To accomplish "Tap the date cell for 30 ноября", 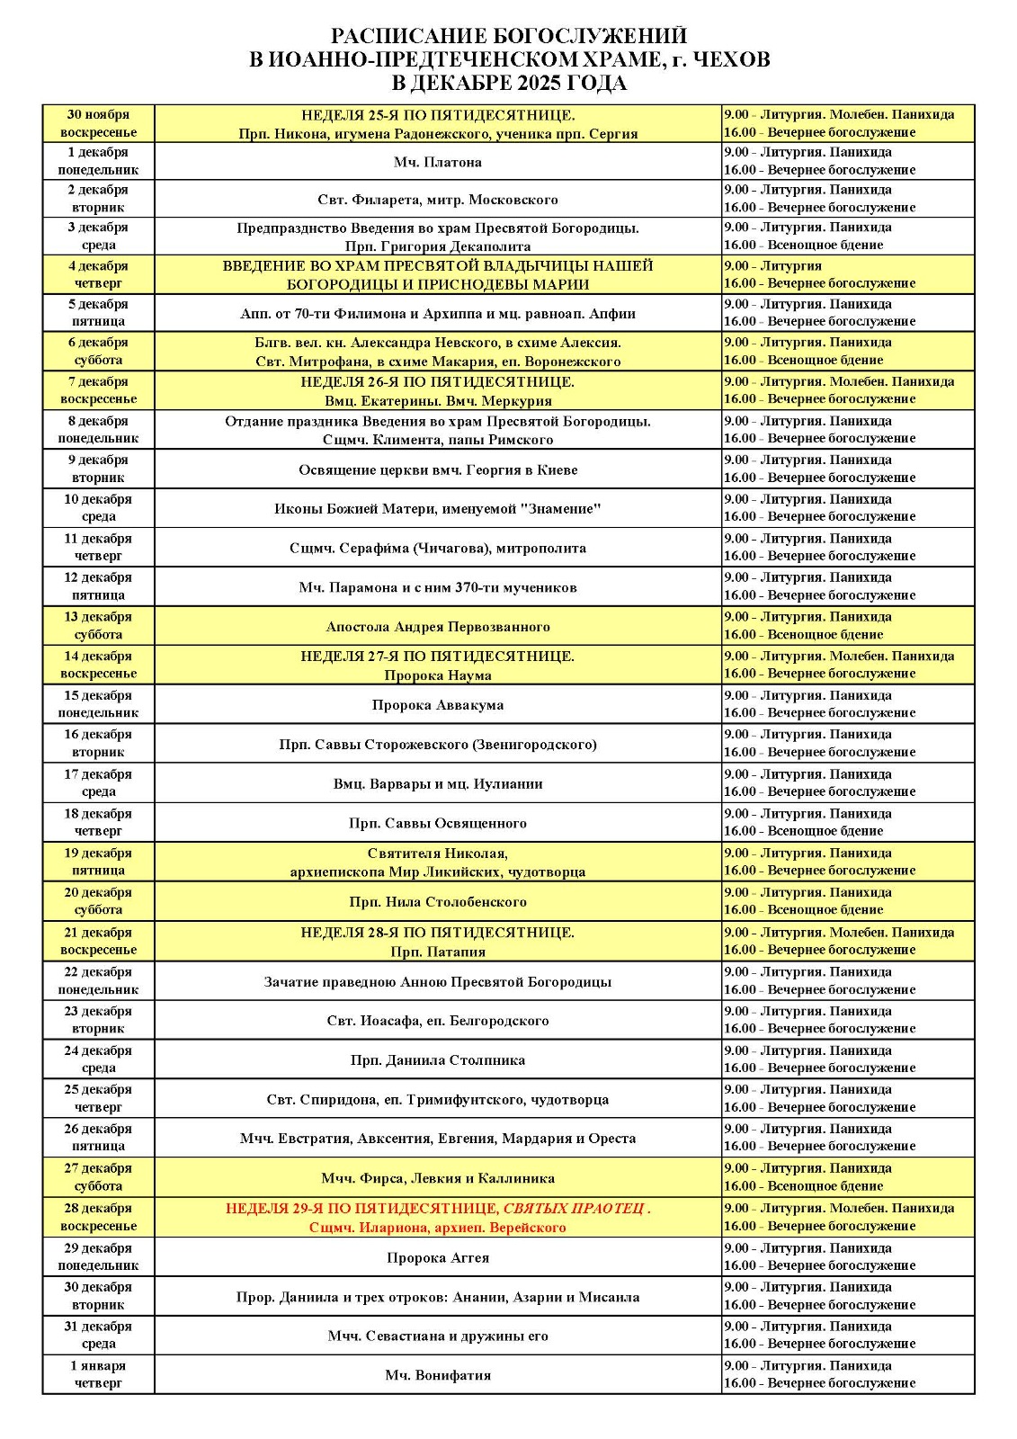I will pos(98,123).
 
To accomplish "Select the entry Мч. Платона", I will pos(438,162).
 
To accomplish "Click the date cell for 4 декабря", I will pos(98,274).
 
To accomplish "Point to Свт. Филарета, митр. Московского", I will pos(438,200).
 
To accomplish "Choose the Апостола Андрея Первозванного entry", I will pos(438,627).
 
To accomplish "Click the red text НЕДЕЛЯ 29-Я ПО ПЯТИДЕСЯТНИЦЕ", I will pos(362,1209).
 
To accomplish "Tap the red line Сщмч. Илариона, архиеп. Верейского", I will pos(438,1227).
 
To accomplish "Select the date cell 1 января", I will pos(98,1374).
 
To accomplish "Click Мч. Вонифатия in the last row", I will pos(438,1375).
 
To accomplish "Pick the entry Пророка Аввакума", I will pos(438,705).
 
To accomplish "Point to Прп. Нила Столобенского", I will pos(438,902).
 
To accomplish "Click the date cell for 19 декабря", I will pos(98,862).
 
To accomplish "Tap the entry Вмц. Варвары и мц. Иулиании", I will pos(438,784).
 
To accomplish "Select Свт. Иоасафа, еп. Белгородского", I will pos(438,1021).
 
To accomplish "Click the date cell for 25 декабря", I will pos(98,1098).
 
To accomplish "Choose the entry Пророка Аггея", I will pos(438,1257).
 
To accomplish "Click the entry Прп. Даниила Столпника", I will pos(438,1060).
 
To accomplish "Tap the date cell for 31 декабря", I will pos(98,1335).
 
